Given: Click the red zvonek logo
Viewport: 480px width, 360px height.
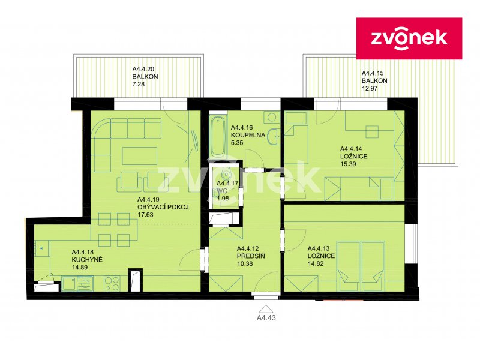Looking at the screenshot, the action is [x=409, y=38].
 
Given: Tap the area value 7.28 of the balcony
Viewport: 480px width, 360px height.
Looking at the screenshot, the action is [x=139, y=84].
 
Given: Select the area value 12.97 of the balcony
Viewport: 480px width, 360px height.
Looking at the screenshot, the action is [x=370, y=88].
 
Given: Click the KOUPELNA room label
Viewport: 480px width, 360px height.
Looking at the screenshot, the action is [x=248, y=135].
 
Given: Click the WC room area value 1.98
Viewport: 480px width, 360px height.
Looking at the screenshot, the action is [x=223, y=198].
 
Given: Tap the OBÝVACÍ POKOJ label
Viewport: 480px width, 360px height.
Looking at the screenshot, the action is [x=163, y=207].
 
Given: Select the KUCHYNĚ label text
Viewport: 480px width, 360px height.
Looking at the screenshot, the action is [x=87, y=260].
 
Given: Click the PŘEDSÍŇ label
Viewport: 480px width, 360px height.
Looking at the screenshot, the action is [x=251, y=256].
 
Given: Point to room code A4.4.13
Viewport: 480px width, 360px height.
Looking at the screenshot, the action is [x=319, y=248].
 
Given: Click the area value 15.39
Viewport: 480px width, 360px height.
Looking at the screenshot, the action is [x=348, y=164].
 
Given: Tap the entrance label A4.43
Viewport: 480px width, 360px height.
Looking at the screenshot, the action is [x=266, y=318].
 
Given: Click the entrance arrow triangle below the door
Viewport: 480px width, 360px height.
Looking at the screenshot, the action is [x=266, y=308].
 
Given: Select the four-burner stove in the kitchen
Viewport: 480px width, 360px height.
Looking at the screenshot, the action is [x=112, y=283].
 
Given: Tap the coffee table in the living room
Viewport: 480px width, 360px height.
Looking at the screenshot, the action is [x=140, y=156].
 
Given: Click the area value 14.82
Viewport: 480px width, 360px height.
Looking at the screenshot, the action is [x=316, y=263].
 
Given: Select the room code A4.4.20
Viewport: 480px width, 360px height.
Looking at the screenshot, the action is [x=143, y=69].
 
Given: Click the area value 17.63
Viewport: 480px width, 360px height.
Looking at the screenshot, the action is [x=145, y=215].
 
